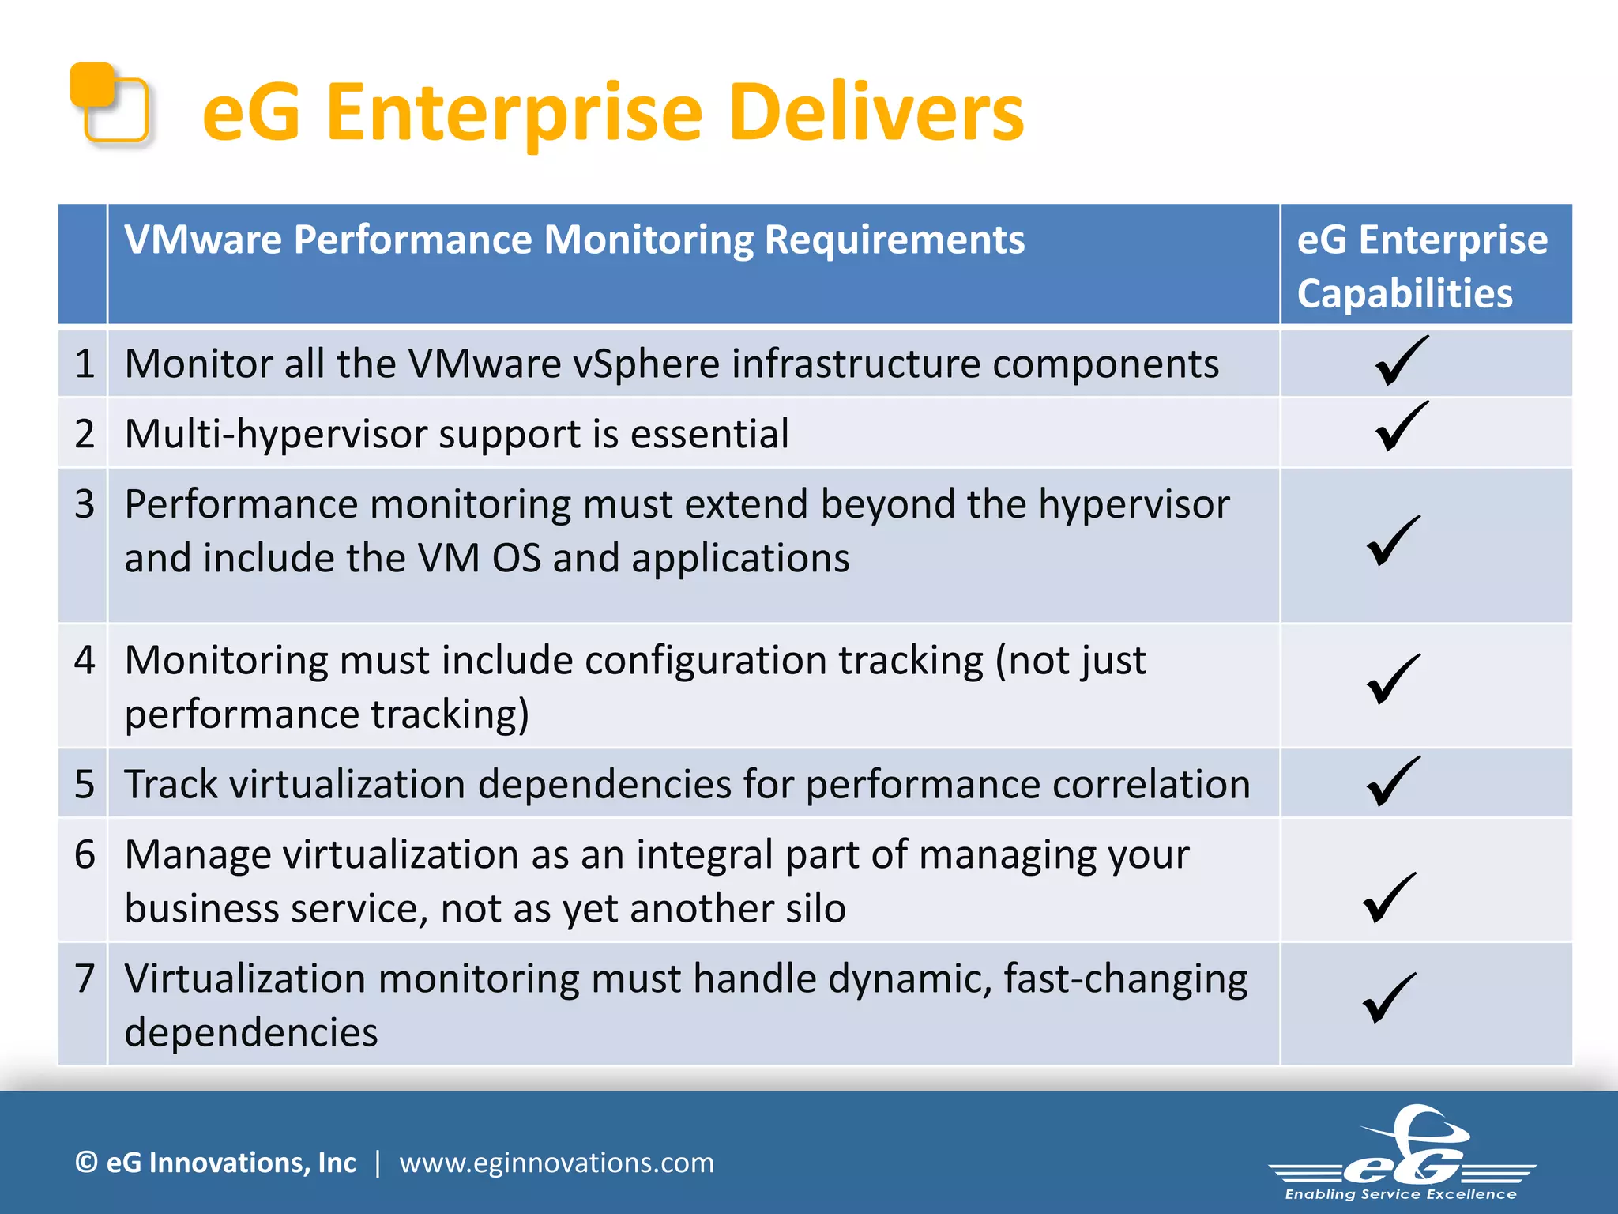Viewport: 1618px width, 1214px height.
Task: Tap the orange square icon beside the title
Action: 110,102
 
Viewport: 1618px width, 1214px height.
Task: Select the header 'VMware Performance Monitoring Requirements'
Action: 574,239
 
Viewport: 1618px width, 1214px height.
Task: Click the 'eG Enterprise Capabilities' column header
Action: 1421,266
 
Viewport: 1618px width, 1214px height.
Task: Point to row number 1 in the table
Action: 85,364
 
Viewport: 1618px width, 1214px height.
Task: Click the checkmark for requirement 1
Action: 1401,361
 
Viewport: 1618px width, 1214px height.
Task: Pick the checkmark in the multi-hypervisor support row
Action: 1401,427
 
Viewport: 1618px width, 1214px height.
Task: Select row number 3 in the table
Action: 85,504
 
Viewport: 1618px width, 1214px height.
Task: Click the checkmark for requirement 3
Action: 1393,541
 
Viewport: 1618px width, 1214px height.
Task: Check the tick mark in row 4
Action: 1393,679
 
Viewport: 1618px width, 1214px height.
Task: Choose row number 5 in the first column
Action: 85,785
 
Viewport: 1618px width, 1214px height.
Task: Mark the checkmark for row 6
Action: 1390,898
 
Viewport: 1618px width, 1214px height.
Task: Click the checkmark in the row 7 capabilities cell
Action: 1390,998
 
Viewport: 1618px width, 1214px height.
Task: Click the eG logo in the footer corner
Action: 1402,1155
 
